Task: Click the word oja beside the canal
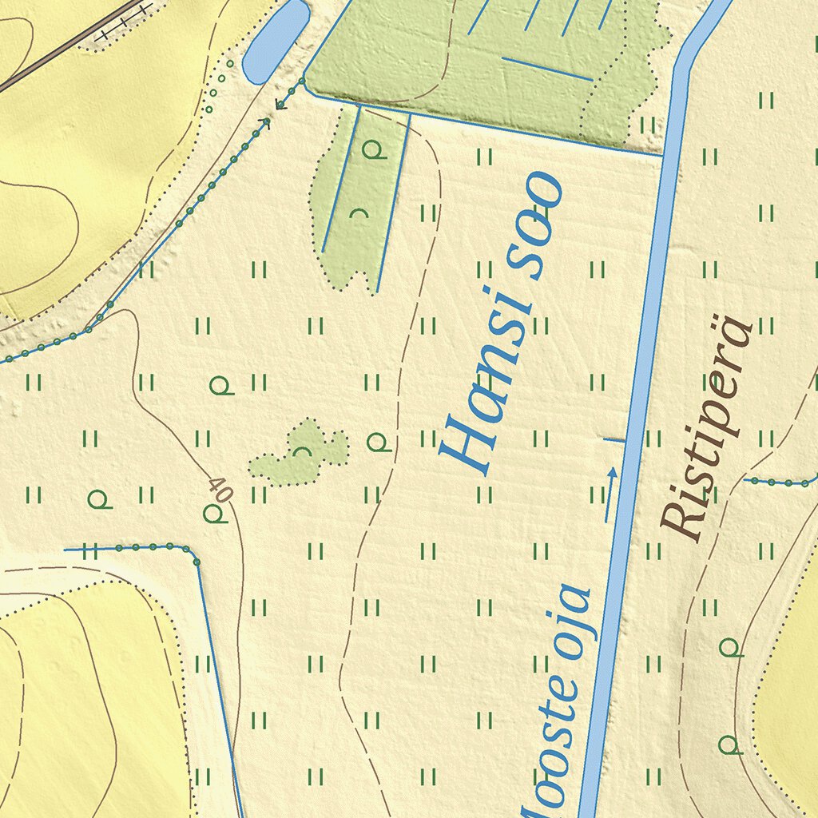(571, 623)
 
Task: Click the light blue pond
(276, 40)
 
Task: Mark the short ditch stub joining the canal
(613, 439)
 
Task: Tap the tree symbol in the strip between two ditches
(372, 149)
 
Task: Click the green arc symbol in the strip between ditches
(359, 213)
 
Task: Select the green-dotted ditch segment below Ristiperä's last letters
(779, 482)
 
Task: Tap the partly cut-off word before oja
(551, 743)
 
